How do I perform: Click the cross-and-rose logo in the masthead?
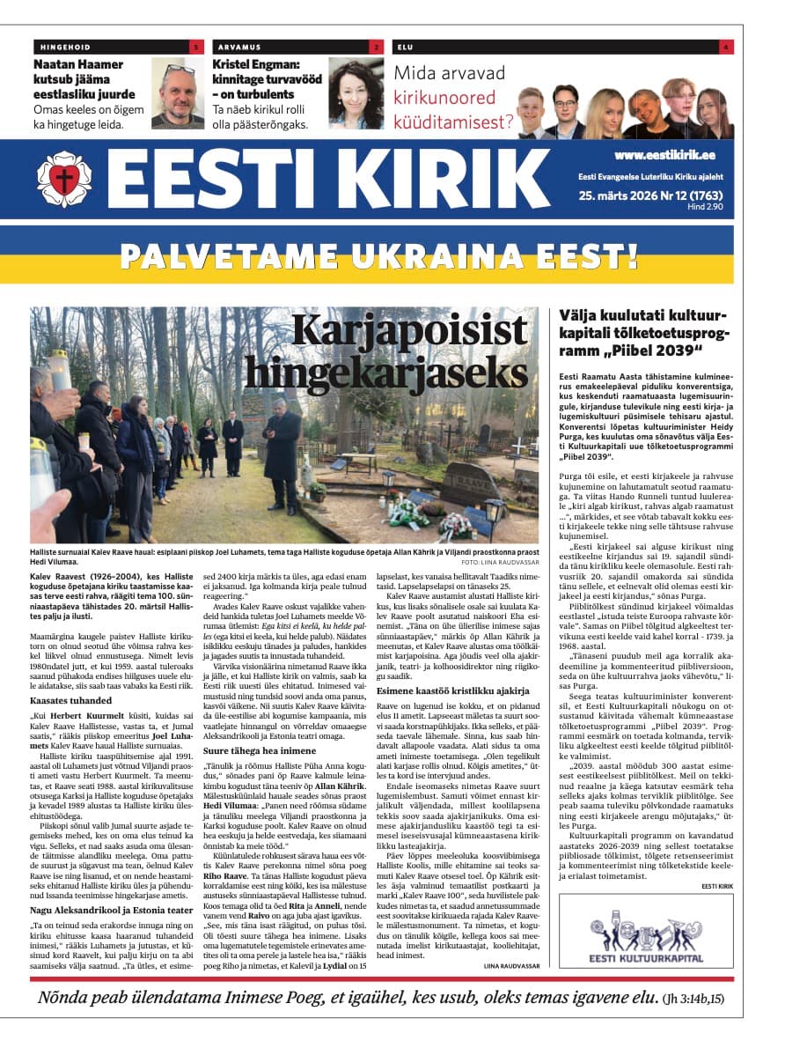[x=64, y=179]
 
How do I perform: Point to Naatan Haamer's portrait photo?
[x=178, y=93]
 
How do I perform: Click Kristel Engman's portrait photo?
[x=356, y=93]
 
